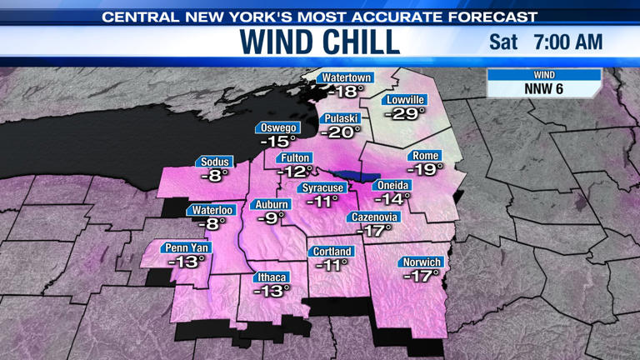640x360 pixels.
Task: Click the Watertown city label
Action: tap(347, 77)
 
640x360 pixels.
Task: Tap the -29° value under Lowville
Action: tap(404, 113)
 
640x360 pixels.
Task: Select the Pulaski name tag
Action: tap(342, 118)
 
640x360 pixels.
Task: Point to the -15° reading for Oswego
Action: tap(278, 142)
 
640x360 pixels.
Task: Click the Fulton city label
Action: tap(296, 157)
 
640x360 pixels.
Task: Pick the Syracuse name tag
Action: tap(323, 187)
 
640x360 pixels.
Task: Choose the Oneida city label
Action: tap(392, 184)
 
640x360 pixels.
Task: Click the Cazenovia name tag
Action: tap(373, 217)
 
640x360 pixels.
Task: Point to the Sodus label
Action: tap(215, 162)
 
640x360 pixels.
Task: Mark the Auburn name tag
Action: tap(272, 204)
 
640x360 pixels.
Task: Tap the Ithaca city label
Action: tap(272, 277)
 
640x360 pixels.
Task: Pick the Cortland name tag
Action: tap(332, 251)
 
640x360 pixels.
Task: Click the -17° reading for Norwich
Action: tap(421, 276)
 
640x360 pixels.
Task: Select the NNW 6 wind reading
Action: tap(543, 87)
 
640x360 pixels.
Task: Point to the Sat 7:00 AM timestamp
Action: tap(545, 42)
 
